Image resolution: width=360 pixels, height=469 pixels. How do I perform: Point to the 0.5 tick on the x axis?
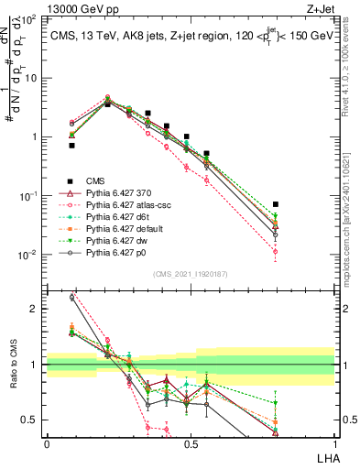tap(191, 443)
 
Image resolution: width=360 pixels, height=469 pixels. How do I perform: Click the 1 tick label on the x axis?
tap(334, 443)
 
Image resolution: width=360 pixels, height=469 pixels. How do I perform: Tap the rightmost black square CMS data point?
tap(276, 204)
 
